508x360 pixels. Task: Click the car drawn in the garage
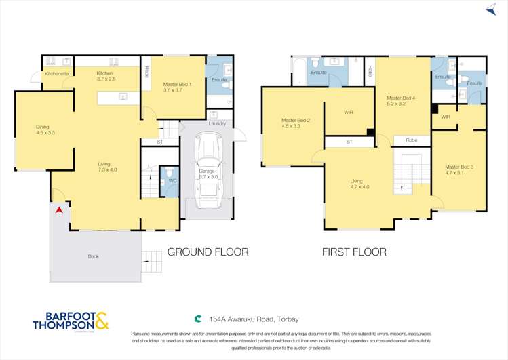207,172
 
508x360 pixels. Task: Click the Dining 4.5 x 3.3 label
45,129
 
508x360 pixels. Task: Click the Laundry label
217,123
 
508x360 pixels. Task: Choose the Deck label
94,256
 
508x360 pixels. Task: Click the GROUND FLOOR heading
208,252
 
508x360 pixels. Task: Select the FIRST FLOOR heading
354,252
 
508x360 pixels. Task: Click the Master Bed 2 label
296,123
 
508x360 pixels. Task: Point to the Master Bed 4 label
401,101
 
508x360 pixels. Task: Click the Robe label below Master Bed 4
412,140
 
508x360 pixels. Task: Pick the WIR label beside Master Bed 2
349,112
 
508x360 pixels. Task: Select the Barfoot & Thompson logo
70,321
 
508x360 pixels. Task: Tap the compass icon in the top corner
490,9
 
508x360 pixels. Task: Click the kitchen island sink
123,97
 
